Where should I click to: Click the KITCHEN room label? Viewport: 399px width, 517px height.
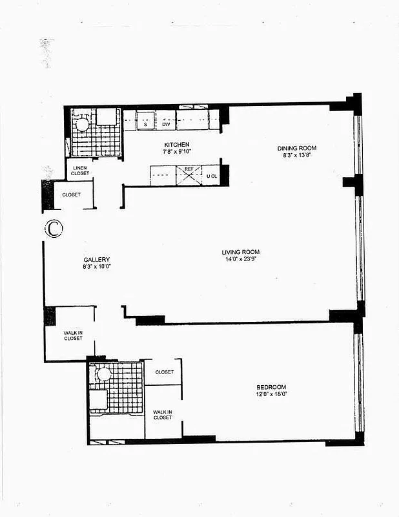pyautogui.click(x=176, y=144)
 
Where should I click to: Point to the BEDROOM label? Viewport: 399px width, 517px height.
pyautogui.click(x=271, y=387)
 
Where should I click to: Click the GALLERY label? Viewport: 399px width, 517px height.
pyautogui.click(x=96, y=259)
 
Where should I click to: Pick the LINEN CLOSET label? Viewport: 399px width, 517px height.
pyautogui.click(x=79, y=171)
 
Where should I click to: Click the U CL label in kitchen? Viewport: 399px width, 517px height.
pyautogui.click(x=212, y=176)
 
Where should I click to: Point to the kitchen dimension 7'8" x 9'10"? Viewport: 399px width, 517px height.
pyautogui.click(x=176, y=151)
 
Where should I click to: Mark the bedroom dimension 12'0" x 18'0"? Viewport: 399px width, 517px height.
pyautogui.click(x=271, y=394)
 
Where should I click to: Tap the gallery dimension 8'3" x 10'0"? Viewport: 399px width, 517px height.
pyautogui.click(x=96, y=266)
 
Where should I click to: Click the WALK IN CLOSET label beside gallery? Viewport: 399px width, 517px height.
pyautogui.click(x=73, y=336)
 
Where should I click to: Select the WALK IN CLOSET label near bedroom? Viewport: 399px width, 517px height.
pyautogui.click(x=163, y=414)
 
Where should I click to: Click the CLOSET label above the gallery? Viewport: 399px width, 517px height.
pyautogui.click(x=71, y=195)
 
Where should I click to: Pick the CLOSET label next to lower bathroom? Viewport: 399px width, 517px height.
pyautogui.click(x=164, y=372)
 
